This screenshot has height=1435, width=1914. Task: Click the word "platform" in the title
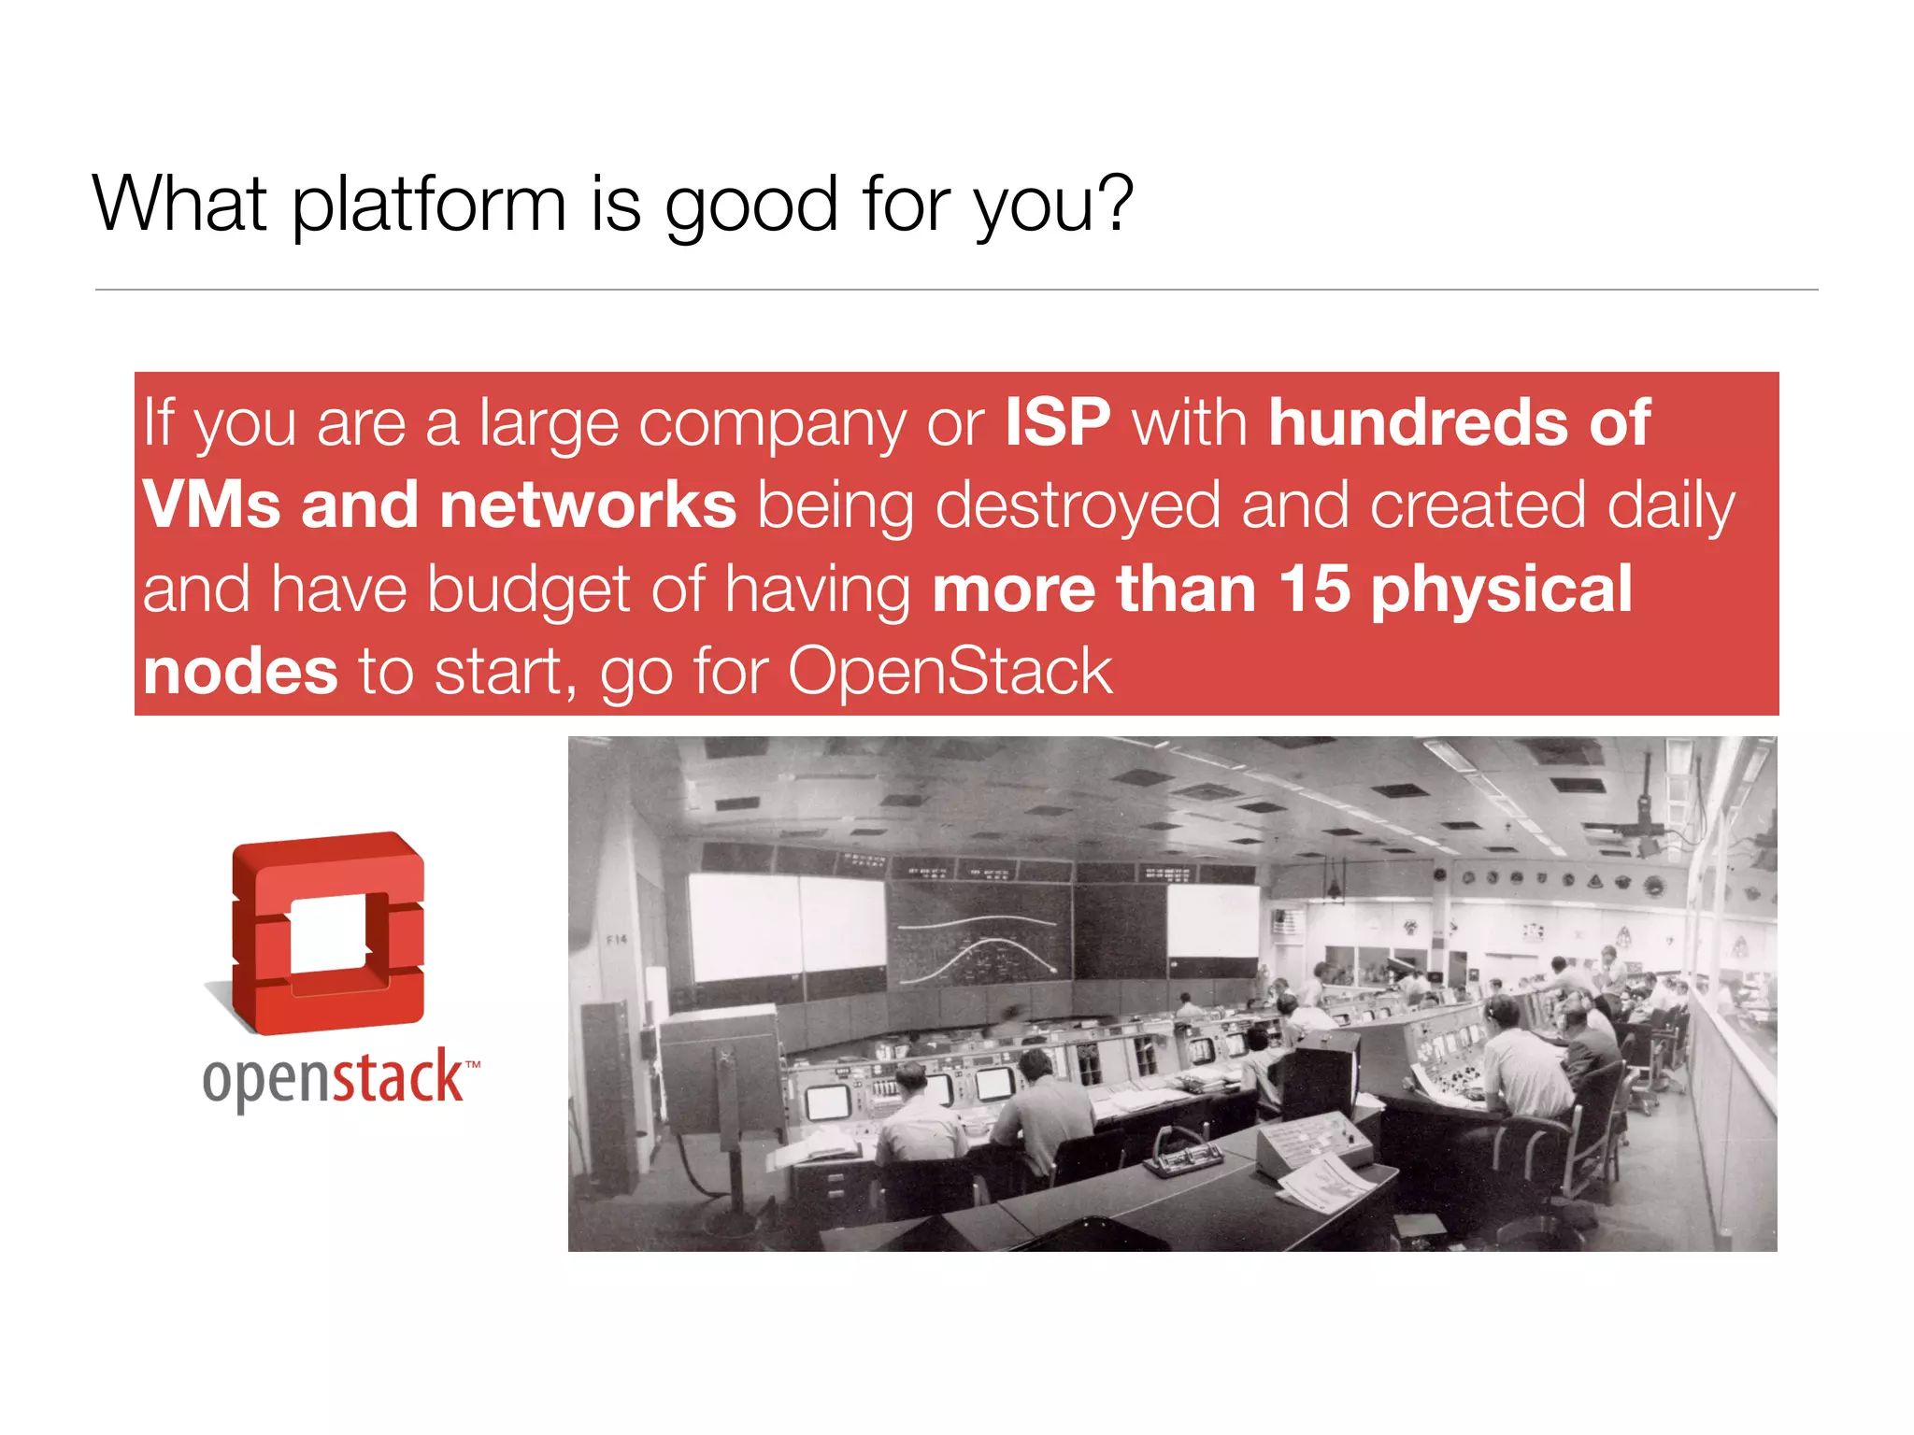[x=429, y=205]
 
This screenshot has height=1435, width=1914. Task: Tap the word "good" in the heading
[x=750, y=205]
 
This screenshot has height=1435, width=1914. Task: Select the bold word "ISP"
[x=1058, y=422]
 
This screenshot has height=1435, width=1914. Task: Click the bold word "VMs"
[x=211, y=505]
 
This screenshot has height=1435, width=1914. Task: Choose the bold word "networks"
[x=588, y=505]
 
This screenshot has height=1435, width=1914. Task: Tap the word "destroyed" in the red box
[x=1078, y=505]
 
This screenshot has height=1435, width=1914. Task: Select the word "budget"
[x=529, y=591]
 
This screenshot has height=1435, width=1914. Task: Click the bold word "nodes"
[x=240, y=672]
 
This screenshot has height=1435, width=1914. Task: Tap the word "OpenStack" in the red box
[x=950, y=672]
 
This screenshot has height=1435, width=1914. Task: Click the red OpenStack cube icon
[x=327, y=933]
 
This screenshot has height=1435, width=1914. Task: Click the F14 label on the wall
[x=617, y=940]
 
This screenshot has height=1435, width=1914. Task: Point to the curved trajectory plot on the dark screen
[x=977, y=948]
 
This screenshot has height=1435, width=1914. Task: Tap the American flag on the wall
[x=1286, y=922]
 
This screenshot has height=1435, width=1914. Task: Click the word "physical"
[x=1501, y=591]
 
